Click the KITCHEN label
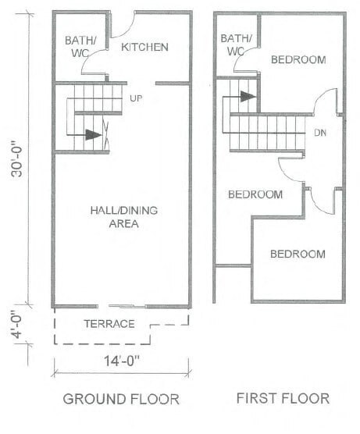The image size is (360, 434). (x=144, y=47)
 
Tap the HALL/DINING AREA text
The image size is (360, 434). (x=124, y=217)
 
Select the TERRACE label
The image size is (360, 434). (x=109, y=324)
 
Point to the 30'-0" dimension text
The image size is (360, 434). (x=17, y=162)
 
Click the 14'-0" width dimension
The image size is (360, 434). (x=122, y=361)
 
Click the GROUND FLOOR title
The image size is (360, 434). (x=121, y=399)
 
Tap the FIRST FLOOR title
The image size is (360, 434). (x=283, y=398)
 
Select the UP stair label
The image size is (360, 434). (x=136, y=98)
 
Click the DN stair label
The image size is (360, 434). (x=320, y=133)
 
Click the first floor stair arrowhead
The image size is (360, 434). (x=248, y=96)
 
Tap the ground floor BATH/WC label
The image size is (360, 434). (x=80, y=47)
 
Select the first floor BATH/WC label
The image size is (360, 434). (x=236, y=44)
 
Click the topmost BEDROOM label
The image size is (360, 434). (x=298, y=60)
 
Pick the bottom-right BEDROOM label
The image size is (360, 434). (x=298, y=254)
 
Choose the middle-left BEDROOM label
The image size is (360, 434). (x=255, y=194)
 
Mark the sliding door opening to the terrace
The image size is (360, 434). (x=122, y=306)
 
